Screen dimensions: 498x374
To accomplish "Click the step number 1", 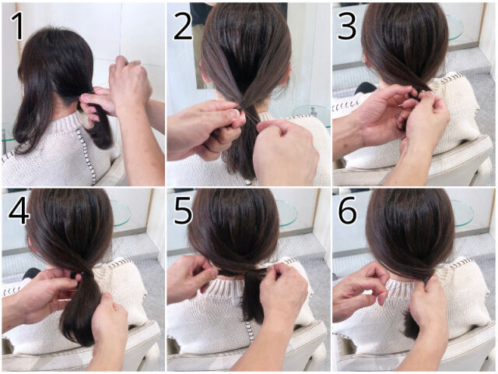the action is coord(17,26).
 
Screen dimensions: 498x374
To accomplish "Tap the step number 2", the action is coord(183,26).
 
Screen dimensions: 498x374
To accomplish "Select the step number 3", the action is coord(347,26).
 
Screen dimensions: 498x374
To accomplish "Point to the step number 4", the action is coord(19,211).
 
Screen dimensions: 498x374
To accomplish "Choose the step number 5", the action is coord(184,211).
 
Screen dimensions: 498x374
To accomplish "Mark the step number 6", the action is coord(348,211).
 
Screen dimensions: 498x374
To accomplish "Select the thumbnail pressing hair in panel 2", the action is coord(235,114).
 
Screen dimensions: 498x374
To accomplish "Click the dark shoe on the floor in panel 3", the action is coord(366,88).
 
